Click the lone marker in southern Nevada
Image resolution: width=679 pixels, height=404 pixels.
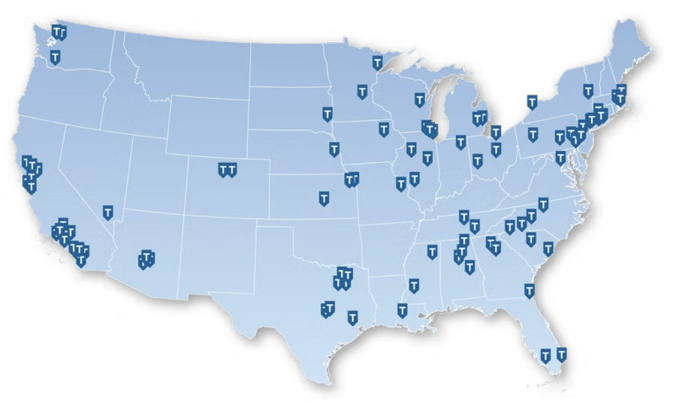[x=108, y=213]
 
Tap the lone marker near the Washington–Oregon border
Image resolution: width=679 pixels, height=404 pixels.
[x=55, y=57]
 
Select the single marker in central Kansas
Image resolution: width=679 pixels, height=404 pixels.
[x=324, y=198]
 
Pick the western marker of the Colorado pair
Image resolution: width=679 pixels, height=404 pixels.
[x=223, y=170]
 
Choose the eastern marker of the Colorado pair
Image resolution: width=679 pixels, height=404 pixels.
[x=233, y=170]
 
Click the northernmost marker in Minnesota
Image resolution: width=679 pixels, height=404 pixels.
[x=378, y=62]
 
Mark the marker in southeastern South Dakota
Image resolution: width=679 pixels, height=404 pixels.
[x=327, y=114]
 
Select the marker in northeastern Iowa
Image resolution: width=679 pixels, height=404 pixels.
[x=384, y=129]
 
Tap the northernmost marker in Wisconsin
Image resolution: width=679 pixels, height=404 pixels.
[x=420, y=100]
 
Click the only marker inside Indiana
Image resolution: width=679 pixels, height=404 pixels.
[x=460, y=141]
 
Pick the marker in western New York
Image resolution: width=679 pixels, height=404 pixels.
[x=532, y=101]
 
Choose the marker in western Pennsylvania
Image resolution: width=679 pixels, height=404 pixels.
[x=533, y=134]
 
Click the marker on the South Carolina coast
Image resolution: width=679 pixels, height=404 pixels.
[x=548, y=248]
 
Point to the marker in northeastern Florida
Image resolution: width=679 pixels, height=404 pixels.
[x=529, y=291]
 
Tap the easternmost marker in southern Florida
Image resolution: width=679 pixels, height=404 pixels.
[x=561, y=354]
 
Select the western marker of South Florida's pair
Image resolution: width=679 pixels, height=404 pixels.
[x=546, y=355]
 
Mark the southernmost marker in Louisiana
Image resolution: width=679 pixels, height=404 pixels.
[x=403, y=310]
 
